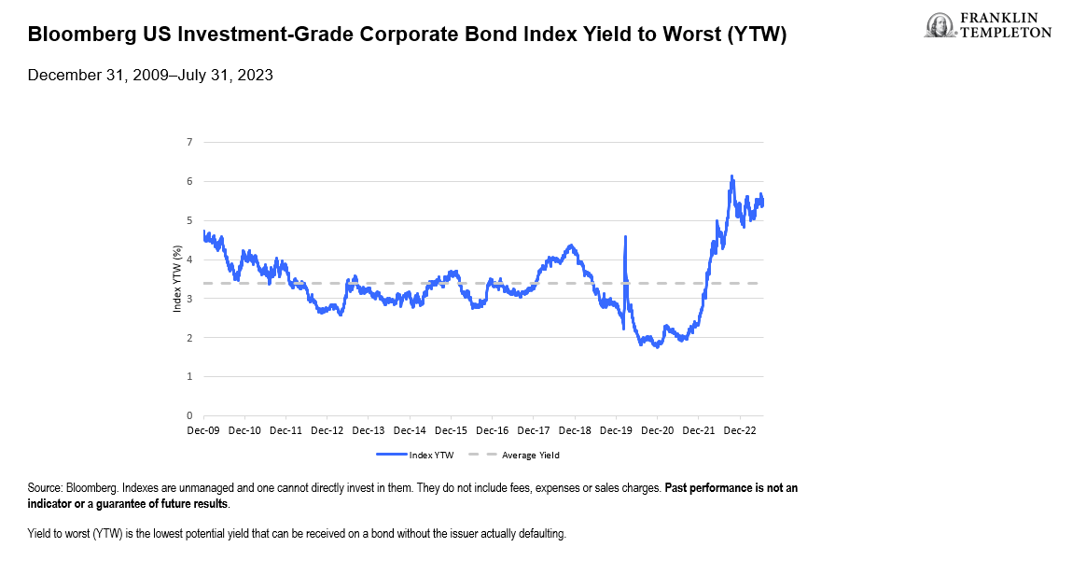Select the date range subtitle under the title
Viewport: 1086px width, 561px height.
click(x=150, y=76)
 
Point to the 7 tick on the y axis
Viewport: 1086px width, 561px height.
click(x=189, y=143)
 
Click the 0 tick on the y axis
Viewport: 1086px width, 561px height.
click(x=189, y=416)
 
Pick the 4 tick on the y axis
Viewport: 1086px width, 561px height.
click(x=189, y=259)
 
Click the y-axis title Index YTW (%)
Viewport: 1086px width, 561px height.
click(x=177, y=279)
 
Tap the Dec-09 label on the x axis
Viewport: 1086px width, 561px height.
click(x=203, y=430)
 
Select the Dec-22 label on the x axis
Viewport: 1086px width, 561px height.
click(x=739, y=430)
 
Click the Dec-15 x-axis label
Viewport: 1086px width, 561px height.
click(x=451, y=430)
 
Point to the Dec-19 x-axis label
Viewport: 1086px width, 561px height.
click(x=616, y=430)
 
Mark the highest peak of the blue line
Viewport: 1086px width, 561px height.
click(x=731, y=176)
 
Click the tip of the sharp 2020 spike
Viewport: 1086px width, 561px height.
click(x=624, y=237)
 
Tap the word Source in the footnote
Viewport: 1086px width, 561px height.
click(x=45, y=488)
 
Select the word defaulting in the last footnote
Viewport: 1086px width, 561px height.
click(x=544, y=534)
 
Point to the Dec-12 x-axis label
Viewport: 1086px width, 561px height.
click(x=327, y=430)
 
